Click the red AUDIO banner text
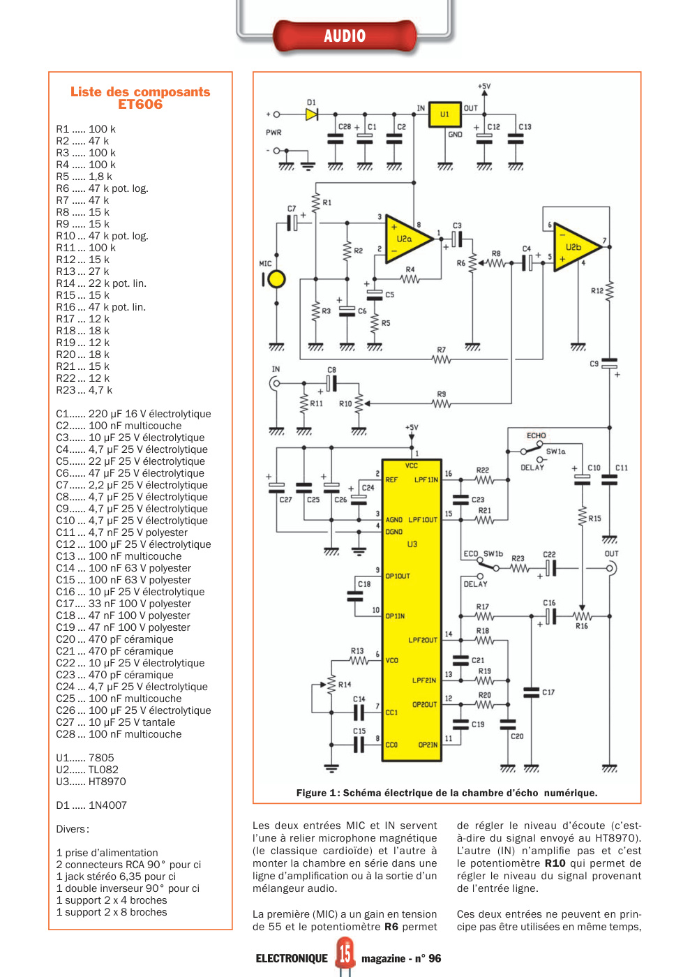[x=345, y=36]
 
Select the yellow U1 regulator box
[x=444, y=114]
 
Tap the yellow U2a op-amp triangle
[x=409, y=239]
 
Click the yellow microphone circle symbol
[x=276, y=280]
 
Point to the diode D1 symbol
[x=312, y=114]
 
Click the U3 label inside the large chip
[x=412, y=544]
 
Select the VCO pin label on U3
[x=391, y=660]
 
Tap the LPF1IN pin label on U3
[x=426, y=480]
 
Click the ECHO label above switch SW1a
[x=536, y=435]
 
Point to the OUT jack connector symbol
[x=611, y=568]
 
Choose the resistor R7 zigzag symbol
[x=442, y=359]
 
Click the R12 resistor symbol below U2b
[x=610, y=290]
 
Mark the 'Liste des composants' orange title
[x=140, y=92]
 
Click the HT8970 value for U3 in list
[x=107, y=781]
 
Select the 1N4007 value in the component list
[x=107, y=805]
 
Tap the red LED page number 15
[x=345, y=953]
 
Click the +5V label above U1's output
[x=484, y=86]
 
